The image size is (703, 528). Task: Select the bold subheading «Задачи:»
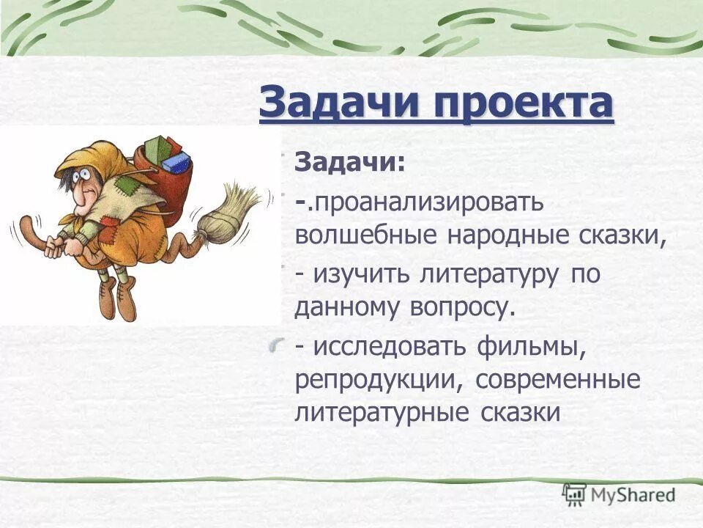349,162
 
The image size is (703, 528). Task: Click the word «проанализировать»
429,202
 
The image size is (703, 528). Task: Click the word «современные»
557,381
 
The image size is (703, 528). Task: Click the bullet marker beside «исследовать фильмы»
277,345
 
